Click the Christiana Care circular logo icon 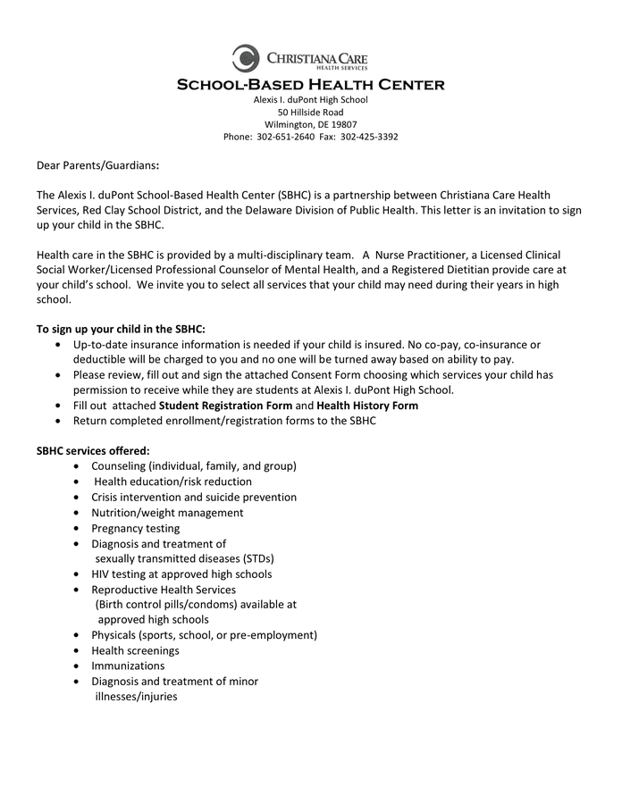246,58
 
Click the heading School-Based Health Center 310,85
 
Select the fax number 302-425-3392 369,137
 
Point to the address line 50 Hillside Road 310,112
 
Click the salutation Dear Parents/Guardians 97,165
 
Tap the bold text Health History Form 366,405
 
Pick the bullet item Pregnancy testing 135,528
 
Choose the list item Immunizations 128,666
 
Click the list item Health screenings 135,650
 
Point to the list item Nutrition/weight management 167,513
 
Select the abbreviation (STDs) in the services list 250,558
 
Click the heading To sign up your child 121,329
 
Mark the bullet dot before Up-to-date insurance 59,345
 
